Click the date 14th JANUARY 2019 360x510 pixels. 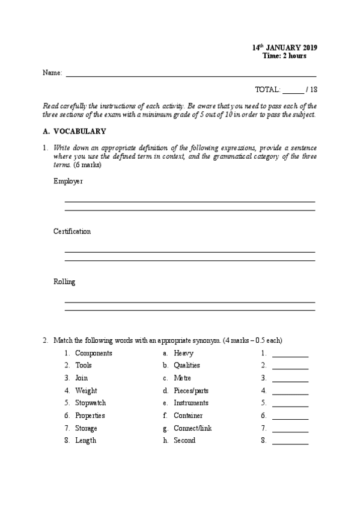point(284,48)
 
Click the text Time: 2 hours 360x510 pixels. point(284,56)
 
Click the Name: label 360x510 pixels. point(52,73)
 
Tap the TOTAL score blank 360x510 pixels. point(293,90)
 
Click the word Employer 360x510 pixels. point(68,181)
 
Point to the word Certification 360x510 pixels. point(72,231)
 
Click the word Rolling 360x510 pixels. point(64,281)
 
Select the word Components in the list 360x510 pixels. point(93,353)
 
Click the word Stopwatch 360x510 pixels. point(91,403)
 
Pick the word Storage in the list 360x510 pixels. point(86,428)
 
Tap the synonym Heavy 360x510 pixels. point(183,353)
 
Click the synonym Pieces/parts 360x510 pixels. point(191,390)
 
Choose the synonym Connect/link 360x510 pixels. point(192,428)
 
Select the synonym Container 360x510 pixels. point(188,416)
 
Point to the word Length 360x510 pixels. point(85,440)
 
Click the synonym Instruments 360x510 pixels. point(191,403)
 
